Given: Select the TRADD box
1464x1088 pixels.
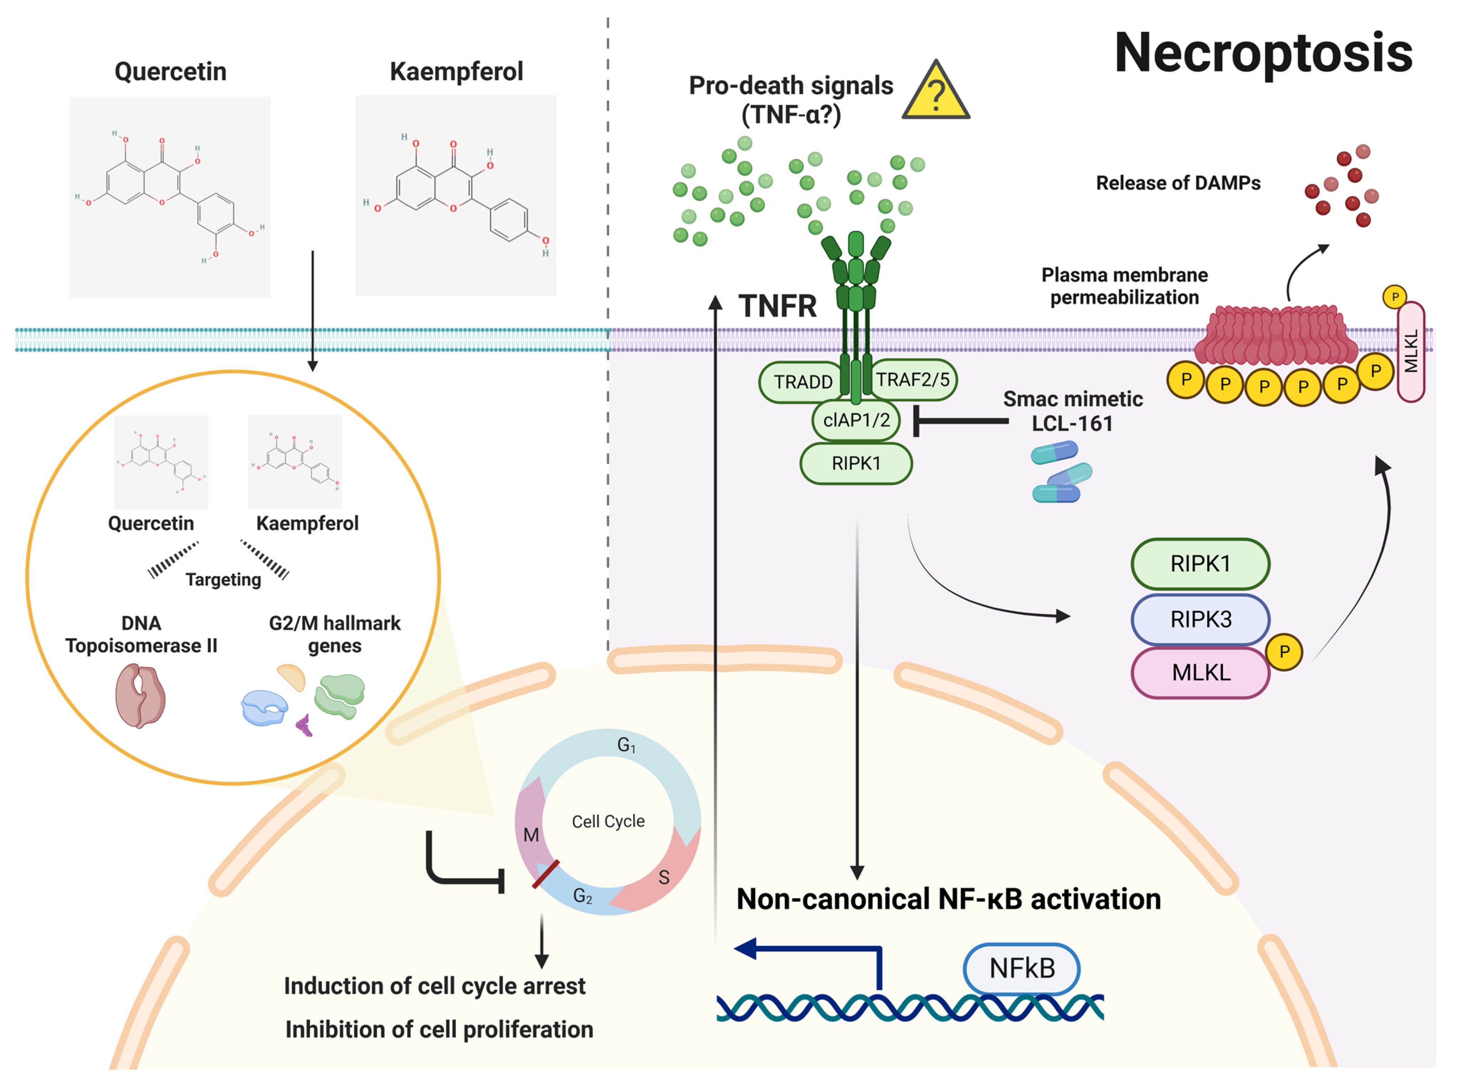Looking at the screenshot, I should click(802, 381).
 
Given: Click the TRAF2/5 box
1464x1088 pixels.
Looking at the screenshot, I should click(913, 379).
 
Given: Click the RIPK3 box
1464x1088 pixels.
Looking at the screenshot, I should click(1200, 619).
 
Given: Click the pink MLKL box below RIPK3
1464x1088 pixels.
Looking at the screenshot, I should click(1200, 672).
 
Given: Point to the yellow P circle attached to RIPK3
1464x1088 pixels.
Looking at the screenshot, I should click(1283, 652).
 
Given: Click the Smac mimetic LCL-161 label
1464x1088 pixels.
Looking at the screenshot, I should click(1072, 411).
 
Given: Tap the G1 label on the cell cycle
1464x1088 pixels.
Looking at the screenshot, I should click(626, 745).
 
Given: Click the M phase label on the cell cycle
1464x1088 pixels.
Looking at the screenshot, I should click(531, 835).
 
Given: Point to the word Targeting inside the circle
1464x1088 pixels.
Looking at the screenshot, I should click(223, 579).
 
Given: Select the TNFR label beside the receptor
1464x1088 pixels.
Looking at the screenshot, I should click(777, 306).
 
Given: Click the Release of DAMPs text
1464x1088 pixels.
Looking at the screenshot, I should click(1178, 183).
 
